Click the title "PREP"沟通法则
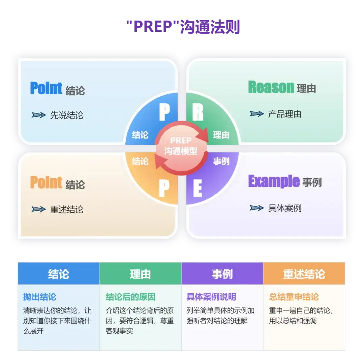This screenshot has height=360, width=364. [x=183, y=27]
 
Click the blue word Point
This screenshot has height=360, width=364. [x=46, y=88]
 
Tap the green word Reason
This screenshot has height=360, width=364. [x=271, y=87]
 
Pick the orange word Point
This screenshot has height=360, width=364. [x=46, y=182]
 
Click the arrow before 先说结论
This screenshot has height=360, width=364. [x=39, y=115]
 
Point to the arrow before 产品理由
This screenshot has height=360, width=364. [x=257, y=114]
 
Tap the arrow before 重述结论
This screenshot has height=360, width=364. [x=39, y=209]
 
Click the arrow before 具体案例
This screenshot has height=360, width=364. [x=257, y=208]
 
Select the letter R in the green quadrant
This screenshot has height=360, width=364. [x=198, y=112]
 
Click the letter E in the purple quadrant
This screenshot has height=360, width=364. [x=198, y=188]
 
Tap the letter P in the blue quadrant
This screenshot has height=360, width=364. [x=164, y=112]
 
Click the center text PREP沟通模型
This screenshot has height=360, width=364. [x=181, y=146]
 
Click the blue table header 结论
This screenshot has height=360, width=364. [x=59, y=274]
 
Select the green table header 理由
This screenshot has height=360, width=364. [x=140, y=274]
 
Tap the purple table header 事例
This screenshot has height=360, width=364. [x=222, y=274]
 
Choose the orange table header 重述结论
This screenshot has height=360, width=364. [x=304, y=274]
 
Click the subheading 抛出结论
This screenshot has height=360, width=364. [x=40, y=297]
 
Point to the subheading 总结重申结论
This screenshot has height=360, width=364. [x=294, y=297]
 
